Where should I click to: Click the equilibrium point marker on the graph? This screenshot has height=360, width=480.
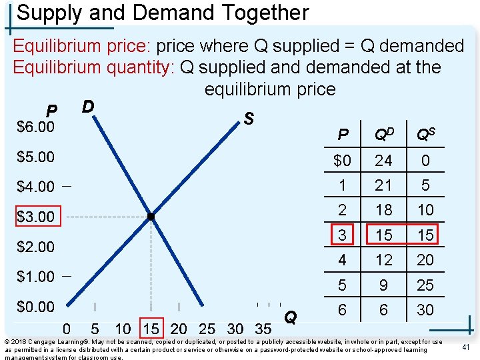(x=151, y=217)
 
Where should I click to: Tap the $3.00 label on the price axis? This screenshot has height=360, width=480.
(x=35, y=217)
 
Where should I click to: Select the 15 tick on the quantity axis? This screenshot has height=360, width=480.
(x=151, y=328)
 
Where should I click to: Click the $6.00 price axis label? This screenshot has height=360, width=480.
(x=35, y=126)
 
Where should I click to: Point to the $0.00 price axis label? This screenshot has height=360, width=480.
(x=35, y=307)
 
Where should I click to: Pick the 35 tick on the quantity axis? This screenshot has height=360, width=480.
(x=263, y=328)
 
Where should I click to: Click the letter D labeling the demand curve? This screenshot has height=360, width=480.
(x=87, y=107)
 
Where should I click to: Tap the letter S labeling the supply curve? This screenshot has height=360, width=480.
(x=248, y=119)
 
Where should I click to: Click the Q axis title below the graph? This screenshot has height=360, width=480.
(x=291, y=317)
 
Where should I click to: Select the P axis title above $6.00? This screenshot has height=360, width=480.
(x=51, y=110)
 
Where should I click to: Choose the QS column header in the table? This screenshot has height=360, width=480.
(x=425, y=135)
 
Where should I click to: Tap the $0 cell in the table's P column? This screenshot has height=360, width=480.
(x=342, y=160)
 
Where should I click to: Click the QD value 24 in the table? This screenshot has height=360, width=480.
(x=383, y=160)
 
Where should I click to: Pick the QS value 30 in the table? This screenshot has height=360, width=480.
(x=425, y=310)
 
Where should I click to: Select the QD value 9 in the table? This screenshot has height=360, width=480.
(x=383, y=285)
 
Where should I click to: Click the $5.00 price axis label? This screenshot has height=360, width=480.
(x=35, y=157)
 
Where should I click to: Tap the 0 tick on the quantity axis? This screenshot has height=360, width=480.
(x=67, y=328)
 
